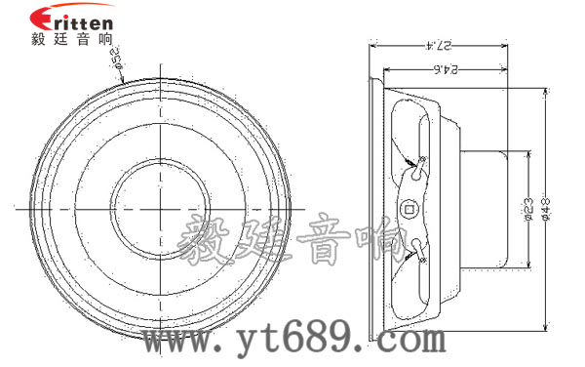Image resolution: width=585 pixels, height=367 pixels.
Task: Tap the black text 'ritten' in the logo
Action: tap(83, 22)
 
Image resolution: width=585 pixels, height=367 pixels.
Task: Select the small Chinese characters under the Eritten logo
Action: tap(72, 41)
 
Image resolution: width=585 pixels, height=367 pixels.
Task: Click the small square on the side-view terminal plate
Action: tap(410, 207)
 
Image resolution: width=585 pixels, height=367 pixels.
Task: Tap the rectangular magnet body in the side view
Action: tap(493, 207)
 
